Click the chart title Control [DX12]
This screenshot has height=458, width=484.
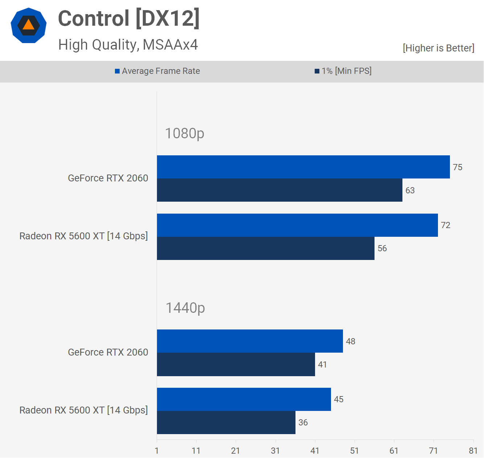click(x=129, y=18)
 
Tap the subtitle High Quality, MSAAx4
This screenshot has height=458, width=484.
click(x=128, y=45)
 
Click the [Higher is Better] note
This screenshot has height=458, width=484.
click(x=438, y=48)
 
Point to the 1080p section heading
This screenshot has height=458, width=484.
click(x=185, y=134)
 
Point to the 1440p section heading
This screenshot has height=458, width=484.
click(x=185, y=308)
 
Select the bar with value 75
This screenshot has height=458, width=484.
click(x=303, y=167)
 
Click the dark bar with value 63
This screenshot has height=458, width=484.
click(x=280, y=190)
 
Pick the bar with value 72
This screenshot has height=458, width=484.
click(x=297, y=225)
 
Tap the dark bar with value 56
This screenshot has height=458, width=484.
click(x=265, y=248)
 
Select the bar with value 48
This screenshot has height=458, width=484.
click(x=250, y=341)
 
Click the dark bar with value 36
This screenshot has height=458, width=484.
click(x=226, y=423)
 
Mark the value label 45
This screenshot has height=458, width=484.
click(x=339, y=399)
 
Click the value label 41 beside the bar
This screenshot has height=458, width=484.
click(x=322, y=365)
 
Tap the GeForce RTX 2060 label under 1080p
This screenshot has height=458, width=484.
click(x=108, y=178)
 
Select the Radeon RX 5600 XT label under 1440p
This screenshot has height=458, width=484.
click(x=84, y=410)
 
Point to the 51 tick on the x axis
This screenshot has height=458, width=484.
click(x=355, y=451)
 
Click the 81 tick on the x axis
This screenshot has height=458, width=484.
click(x=473, y=451)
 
